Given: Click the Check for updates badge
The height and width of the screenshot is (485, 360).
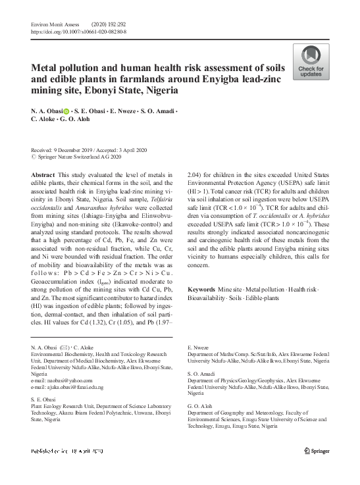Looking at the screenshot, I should (x=311, y=63).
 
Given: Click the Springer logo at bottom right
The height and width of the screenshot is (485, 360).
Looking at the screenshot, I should (x=315, y=450).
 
